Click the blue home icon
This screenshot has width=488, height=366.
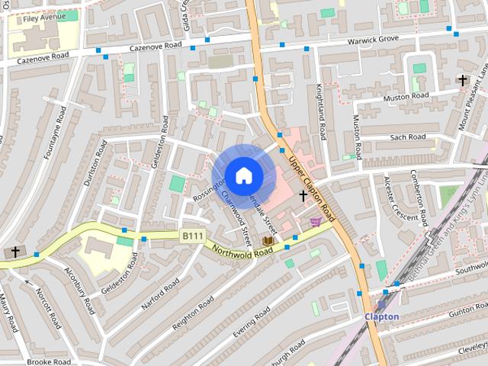pos(243,175)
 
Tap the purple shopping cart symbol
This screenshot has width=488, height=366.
pos(315,222)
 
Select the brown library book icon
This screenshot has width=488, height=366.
pos(268,241)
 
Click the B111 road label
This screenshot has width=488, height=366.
pos(192,237)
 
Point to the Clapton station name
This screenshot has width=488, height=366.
pos(381,316)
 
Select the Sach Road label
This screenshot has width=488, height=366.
pos(407,137)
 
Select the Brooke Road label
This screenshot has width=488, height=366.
pos(49,361)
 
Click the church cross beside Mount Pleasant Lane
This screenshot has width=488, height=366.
pos(462,79)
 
